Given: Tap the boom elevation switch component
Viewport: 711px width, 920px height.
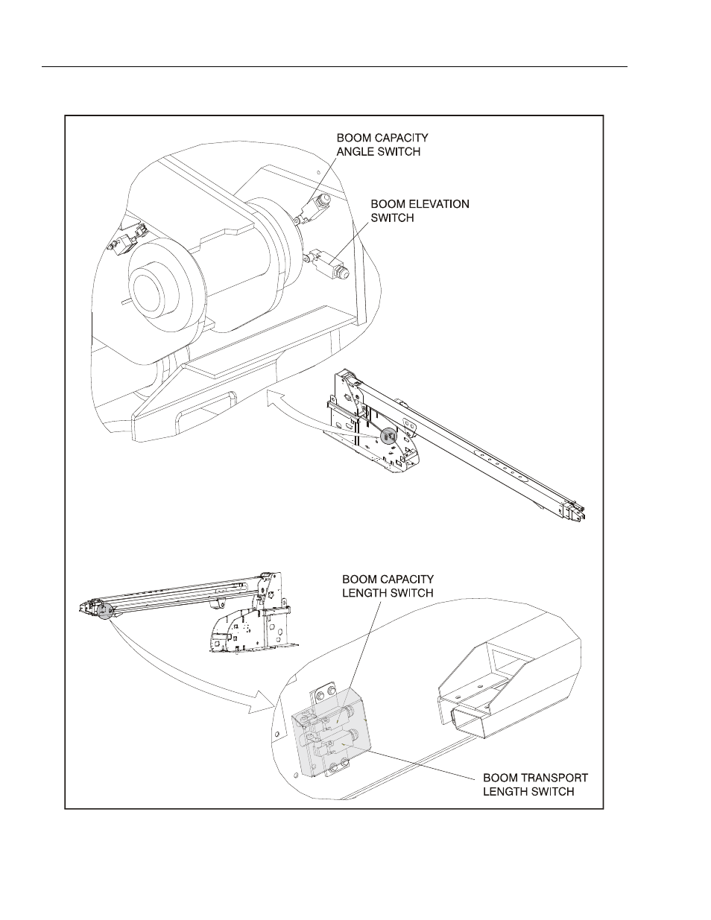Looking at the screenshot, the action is click(328, 265).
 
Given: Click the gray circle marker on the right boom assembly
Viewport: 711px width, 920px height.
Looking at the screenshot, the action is click(389, 436).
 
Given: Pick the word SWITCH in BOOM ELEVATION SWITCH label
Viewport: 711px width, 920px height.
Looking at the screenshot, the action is click(392, 218).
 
